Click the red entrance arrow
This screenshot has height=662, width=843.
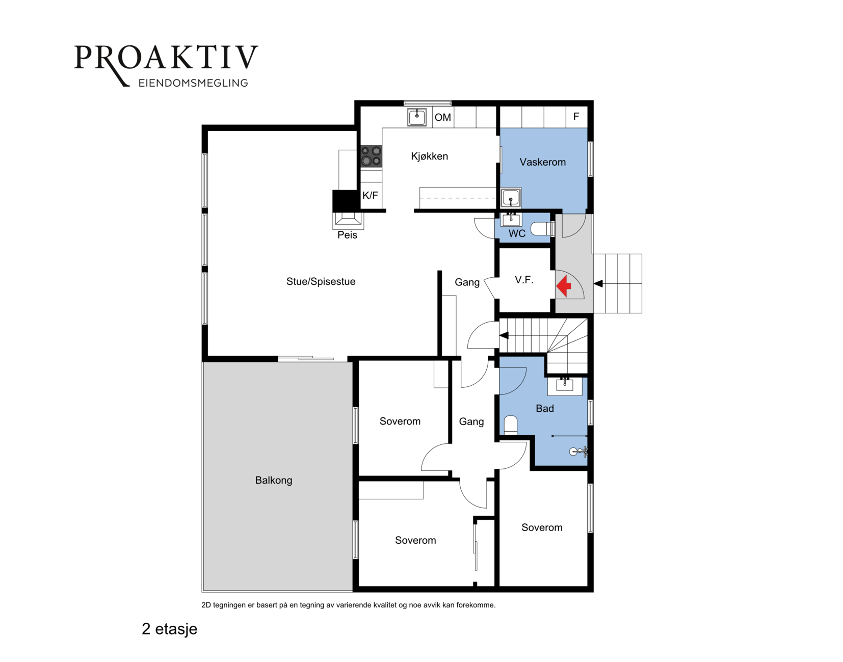[564, 286]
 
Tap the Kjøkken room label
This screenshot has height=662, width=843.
[430, 156]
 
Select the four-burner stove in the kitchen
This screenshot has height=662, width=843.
[371, 156]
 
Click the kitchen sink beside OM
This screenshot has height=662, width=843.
[417, 117]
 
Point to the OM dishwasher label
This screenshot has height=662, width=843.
[442, 117]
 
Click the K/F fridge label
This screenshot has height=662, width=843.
[370, 196]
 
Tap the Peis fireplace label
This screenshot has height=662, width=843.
[347, 235]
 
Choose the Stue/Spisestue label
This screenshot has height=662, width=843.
[321, 281]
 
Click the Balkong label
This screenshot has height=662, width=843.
[274, 480]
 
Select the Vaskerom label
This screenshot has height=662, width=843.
[542, 162]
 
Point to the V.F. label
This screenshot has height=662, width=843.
[524, 280]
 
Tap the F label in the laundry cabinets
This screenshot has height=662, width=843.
[576, 116]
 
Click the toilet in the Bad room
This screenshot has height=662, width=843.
[511, 426]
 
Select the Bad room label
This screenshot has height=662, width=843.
[545, 408]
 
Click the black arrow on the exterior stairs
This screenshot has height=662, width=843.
[598, 283]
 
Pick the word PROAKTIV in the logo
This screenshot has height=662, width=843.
[166, 58]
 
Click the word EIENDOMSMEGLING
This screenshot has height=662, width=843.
[193, 83]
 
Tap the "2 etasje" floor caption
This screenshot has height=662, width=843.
[170, 629]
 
